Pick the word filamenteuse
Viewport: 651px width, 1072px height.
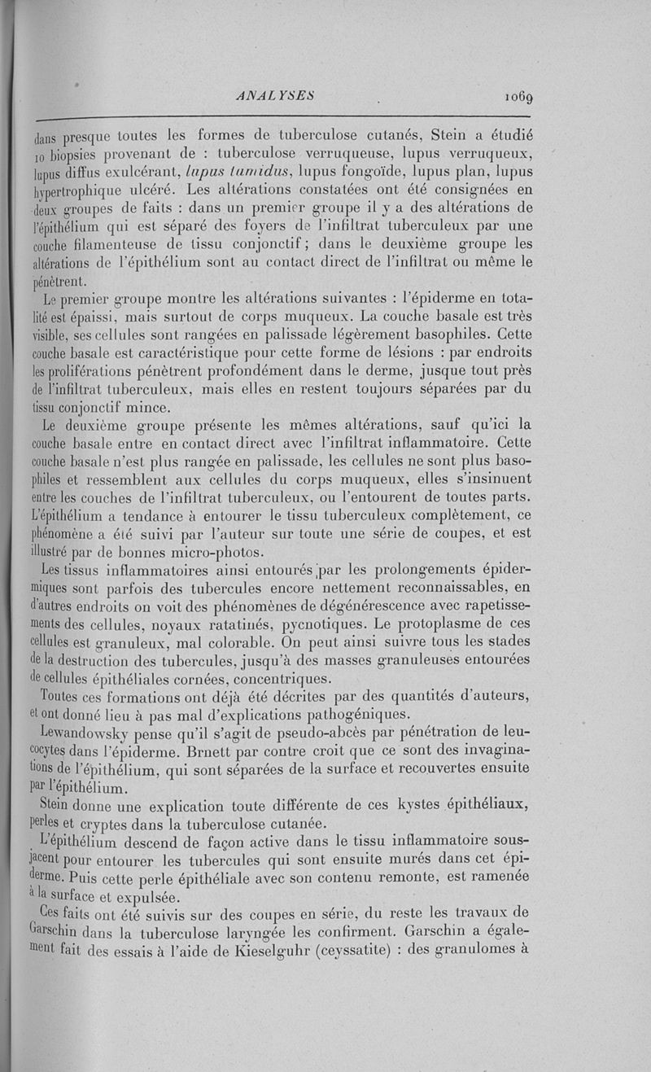[x=119, y=247]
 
